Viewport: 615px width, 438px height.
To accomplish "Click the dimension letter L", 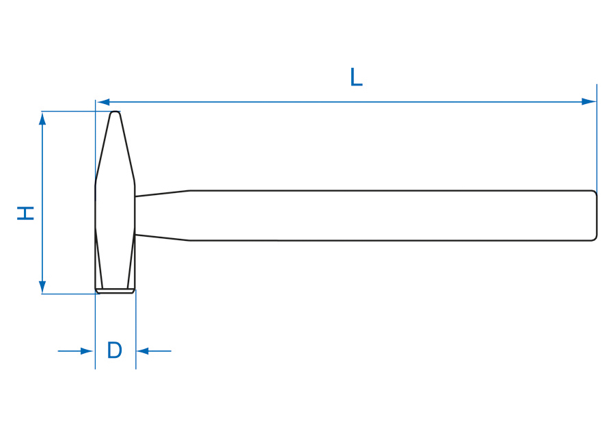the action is tap(356, 77).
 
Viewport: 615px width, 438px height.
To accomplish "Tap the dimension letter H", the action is tap(25, 213).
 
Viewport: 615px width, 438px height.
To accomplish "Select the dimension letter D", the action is tap(115, 350).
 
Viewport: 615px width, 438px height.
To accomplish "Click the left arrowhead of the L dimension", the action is tap(104, 102).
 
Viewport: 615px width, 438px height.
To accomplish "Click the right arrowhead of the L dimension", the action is tap(589, 102).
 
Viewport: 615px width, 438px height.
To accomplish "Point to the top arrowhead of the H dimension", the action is tap(42, 118).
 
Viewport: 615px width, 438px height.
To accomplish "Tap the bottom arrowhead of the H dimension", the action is tap(42, 287).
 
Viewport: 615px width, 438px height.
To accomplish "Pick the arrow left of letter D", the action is tap(75, 351).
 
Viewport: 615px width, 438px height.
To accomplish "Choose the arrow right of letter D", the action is tap(154, 351).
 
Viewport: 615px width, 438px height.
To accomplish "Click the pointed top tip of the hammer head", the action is tap(115, 112).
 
